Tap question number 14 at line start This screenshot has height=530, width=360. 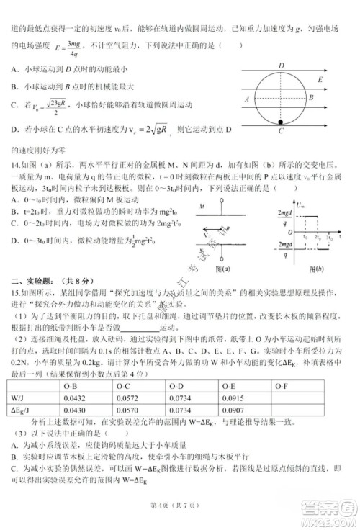pos(14,165)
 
